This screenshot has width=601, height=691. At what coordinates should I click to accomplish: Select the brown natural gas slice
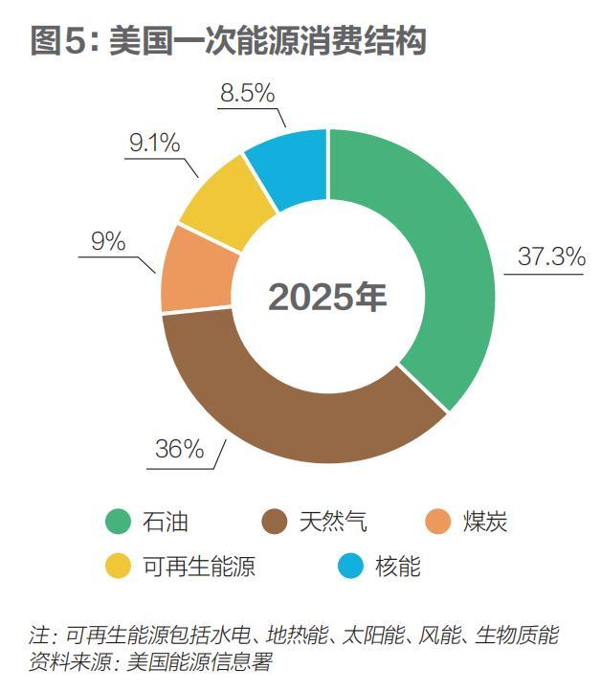tap(287, 421)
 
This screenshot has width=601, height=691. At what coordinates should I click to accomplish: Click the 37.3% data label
tap(550, 256)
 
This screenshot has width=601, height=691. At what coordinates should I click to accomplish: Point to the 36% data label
tap(180, 449)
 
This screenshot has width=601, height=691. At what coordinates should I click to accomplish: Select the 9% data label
tap(108, 241)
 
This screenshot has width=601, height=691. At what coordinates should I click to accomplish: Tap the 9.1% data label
tap(155, 144)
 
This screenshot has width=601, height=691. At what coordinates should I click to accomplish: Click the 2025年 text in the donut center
tap(327, 297)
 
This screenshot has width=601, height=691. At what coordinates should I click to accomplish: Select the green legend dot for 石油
tap(117, 522)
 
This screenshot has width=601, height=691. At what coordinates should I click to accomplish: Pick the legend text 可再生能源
tap(199, 567)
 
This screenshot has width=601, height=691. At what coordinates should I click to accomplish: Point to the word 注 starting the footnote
tap(39, 635)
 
